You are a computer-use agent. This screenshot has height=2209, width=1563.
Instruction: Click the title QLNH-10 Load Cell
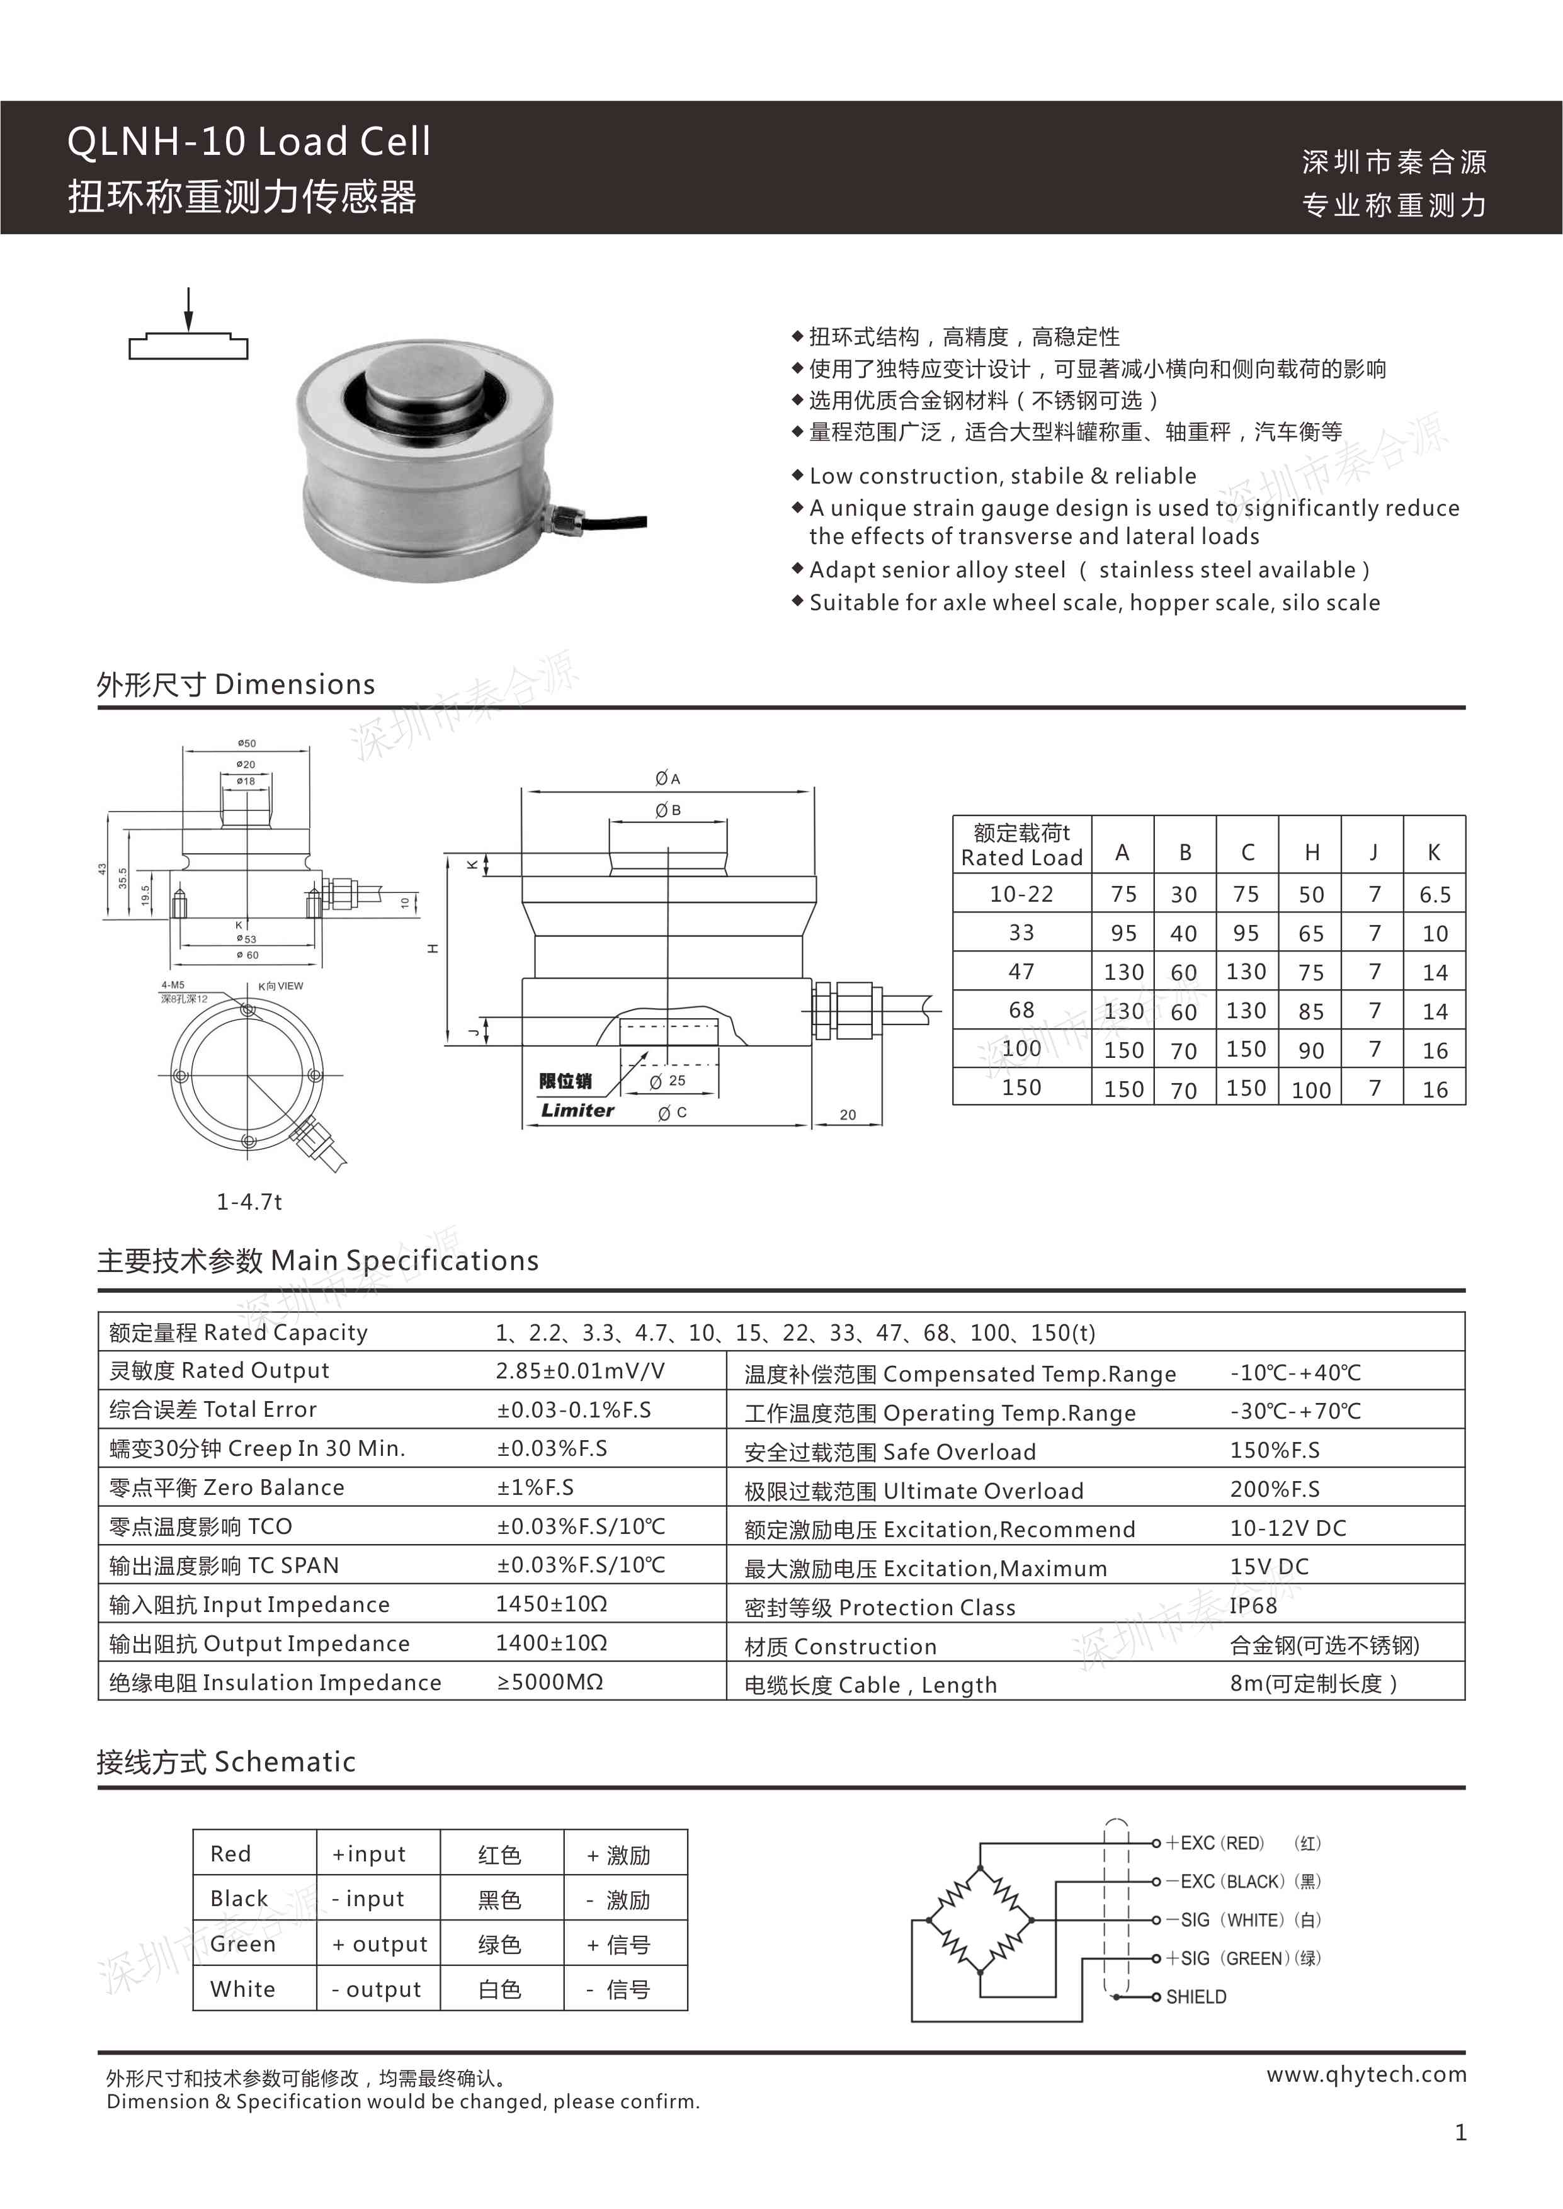(x=248, y=142)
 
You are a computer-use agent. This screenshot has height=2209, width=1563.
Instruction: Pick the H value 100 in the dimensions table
(x=1311, y=1090)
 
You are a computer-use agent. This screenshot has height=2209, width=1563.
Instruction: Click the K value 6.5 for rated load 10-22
(x=1434, y=895)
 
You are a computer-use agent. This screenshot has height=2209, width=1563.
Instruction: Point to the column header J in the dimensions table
(x=1373, y=853)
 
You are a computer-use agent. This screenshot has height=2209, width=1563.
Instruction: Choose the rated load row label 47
(x=1021, y=972)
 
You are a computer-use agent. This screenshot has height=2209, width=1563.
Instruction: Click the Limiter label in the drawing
(x=576, y=1110)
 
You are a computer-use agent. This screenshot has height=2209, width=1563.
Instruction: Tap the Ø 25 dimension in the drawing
(x=668, y=1081)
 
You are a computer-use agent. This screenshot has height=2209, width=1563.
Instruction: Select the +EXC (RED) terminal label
(x=1215, y=1843)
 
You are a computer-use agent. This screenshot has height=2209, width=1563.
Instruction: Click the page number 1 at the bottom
(x=1460, y=2133)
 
